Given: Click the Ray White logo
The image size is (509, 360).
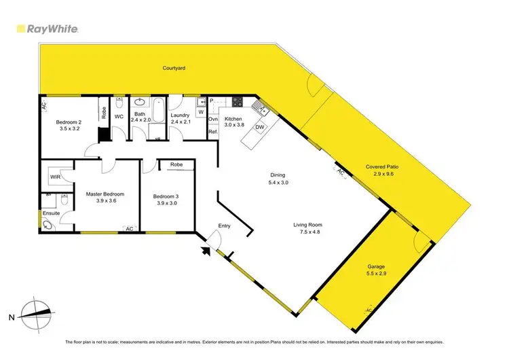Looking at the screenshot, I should click(x=47, y=29).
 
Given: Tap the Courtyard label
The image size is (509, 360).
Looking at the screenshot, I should click(x=174, y=69).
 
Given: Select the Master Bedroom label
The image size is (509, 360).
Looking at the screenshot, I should click(x=105, y=194).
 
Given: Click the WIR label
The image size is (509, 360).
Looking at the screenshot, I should click(x=55, y=177).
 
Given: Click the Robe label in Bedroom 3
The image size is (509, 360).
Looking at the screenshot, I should click(x=176, y=164).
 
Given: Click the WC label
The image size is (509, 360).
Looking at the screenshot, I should click(x=118, y=117).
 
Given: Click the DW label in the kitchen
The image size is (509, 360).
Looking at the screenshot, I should click(x=260, y=127).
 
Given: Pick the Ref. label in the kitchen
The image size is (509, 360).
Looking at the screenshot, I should click(x=212, y=131).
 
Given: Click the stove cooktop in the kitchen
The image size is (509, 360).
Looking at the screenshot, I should click(x=238, y=103).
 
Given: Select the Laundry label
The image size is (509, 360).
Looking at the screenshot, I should click(x=180, y=115).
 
